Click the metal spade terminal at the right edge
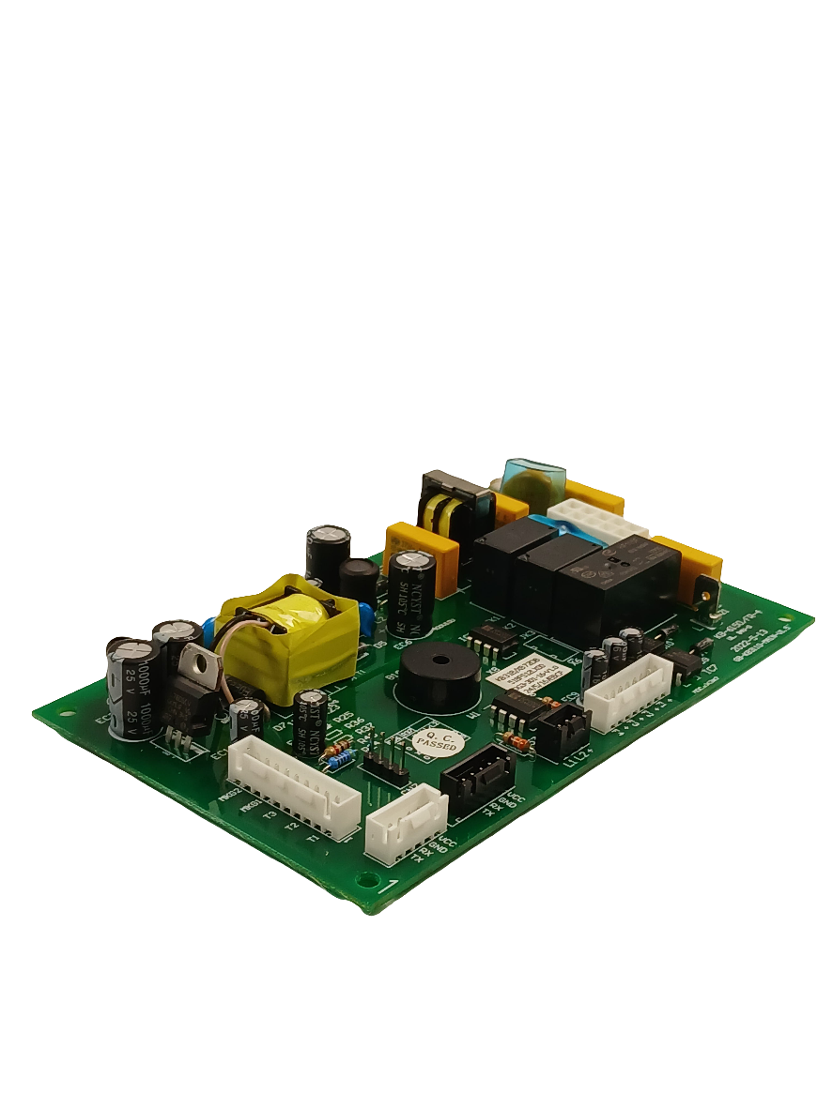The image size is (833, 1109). coord(704,590)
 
